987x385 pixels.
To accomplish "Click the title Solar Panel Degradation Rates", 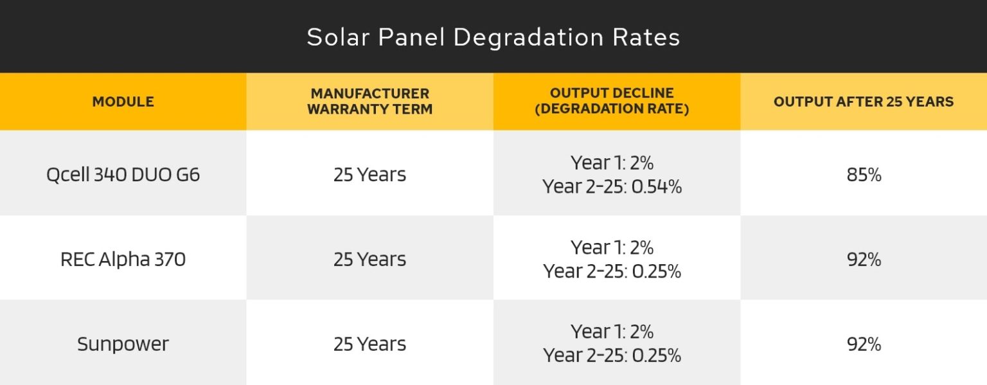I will coord(493,37).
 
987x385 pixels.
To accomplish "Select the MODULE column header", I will coord(123,102).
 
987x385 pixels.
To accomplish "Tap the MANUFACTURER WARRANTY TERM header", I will coord(369,102).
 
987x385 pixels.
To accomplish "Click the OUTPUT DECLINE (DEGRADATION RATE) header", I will coord(612,102).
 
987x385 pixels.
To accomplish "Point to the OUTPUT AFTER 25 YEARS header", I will coord(863,102).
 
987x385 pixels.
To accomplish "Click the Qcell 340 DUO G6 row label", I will coord(123,174).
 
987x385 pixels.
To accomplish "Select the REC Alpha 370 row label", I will coord(123,259).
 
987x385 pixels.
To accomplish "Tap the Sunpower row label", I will coord(123,344).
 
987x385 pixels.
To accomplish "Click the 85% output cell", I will coord(864,174).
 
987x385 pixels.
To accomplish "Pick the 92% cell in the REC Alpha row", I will coord(864,259).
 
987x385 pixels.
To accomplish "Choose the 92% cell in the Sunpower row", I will coord(864,344).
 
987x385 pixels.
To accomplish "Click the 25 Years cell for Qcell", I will coord(369,174).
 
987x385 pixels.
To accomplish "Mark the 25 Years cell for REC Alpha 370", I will coord(369,259).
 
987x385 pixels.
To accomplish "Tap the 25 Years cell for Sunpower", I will coord(369,344).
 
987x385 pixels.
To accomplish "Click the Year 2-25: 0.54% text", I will coord(612,186).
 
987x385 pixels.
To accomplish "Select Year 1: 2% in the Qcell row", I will coord(612,162).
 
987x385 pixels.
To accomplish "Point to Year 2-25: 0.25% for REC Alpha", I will coord(612,271).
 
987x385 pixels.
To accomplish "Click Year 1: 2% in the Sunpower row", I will coord(612,332).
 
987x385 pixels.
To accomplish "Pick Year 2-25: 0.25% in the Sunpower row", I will coord(612,355).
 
